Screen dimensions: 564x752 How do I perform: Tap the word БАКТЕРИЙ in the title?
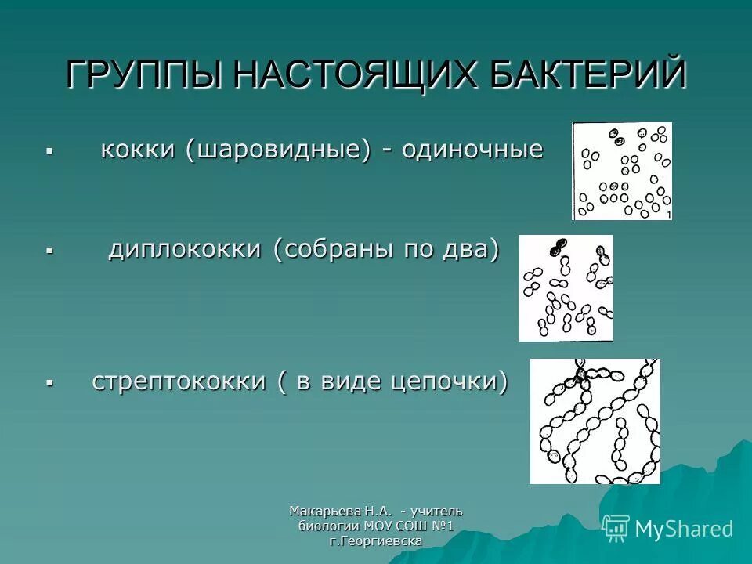pyautogui.click(x=580, y=76)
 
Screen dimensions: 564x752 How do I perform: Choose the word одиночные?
pyautogui.click(x=472, y=150)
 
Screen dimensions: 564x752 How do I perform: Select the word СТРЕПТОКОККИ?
pyautogui.click(x=179, y=381)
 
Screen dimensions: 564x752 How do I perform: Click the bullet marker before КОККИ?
pyautogui.click(x=49, y=150)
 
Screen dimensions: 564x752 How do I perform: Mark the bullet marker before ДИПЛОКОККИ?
pyautogui.click(x=49, y=251)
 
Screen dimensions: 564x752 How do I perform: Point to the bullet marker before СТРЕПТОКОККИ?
pyautogui.click(x=49, y=383)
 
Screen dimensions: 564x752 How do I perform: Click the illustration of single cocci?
pyautogui.click(x=622, y=171)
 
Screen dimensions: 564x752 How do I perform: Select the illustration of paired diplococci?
pyautogui.click(x=566, y=287)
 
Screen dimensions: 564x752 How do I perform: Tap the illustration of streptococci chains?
pyautogui.click(x=595, y=421)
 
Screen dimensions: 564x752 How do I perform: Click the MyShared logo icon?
pyautogui.click(x=616, y=528)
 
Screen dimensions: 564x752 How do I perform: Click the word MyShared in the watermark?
pyautogui.click(x=684, y=529)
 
